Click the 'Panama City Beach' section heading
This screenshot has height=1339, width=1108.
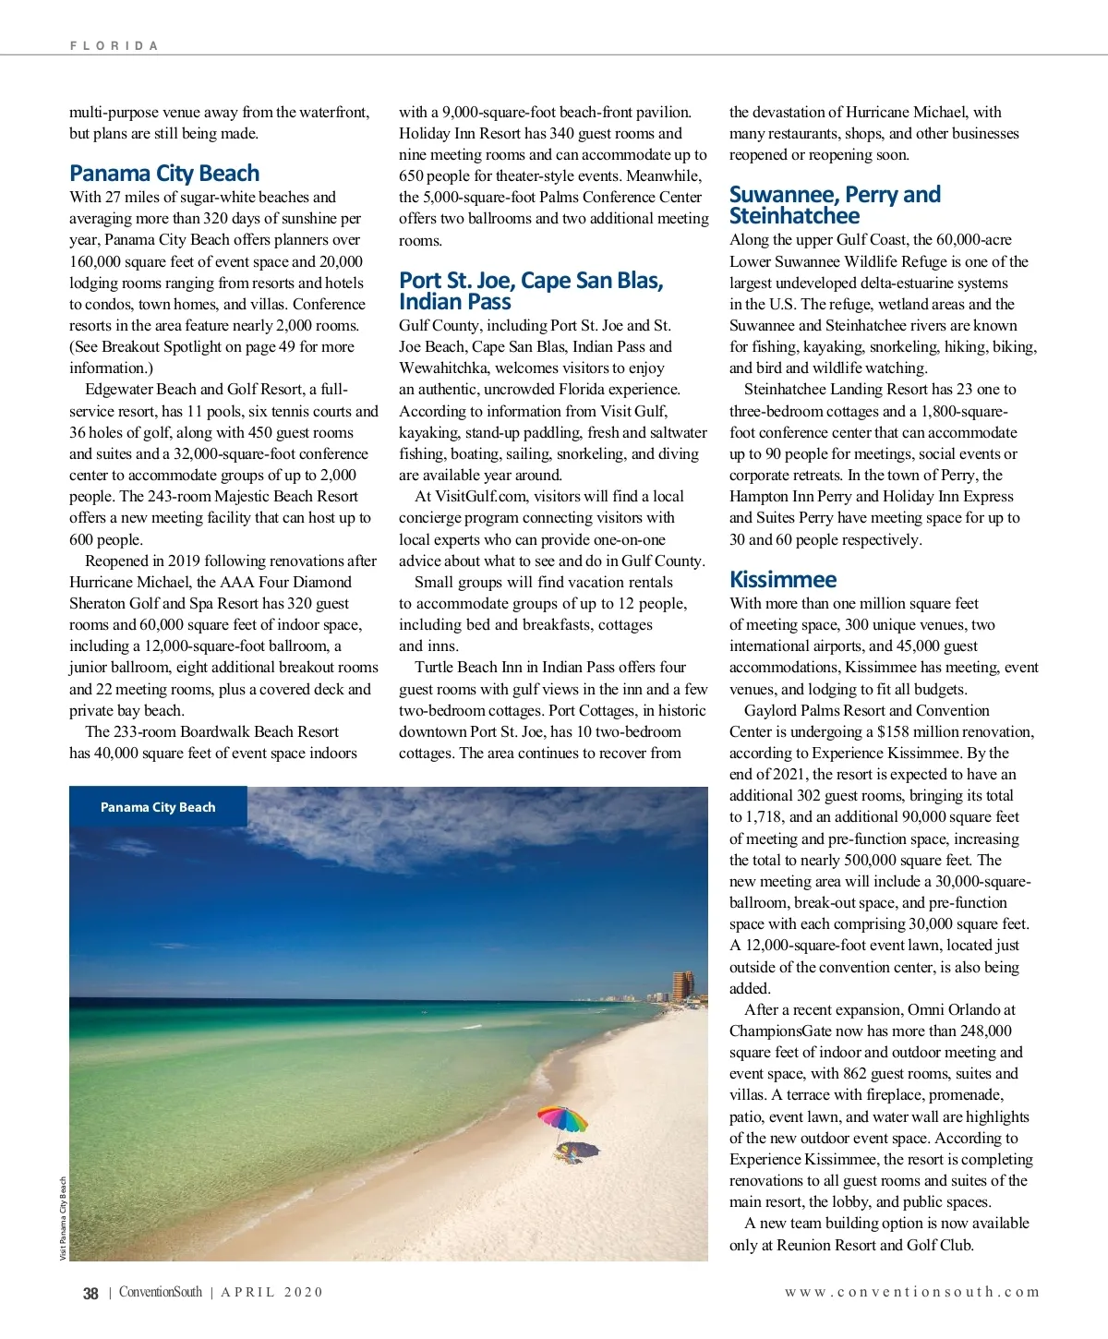pyautogui.click(x=164, y=174)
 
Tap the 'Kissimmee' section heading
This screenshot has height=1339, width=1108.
pyautogui.click(x=783, y=580)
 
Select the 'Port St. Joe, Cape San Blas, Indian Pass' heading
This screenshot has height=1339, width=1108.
pyautogui.click(x=531, y=291)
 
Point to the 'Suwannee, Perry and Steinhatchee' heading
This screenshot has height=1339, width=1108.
pyautogui.click(x=835, y=205)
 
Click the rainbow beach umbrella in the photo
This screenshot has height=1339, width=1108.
pyautogui.click(x=562, y=1118)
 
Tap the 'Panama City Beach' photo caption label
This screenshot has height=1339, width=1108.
pyautogui.click(x=158, y=807)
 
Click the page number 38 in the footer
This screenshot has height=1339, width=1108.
pyautogui.click(x=90, y=1293)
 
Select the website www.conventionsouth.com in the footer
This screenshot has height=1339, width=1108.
pyautogui.click(x=912, y=1293)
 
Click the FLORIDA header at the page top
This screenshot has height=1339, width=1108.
pyautogui.click(x=114, y=45)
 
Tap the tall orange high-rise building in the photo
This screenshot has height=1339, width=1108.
pyautogui.click(x=683, y=984)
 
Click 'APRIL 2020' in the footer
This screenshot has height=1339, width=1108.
pyautogui.click(x=271, y=1293)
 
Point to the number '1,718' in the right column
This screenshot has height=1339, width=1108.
pyautogui.click(x=765, y=817)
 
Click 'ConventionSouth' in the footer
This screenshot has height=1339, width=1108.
pyautogui.click(x=160, y=1293)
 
